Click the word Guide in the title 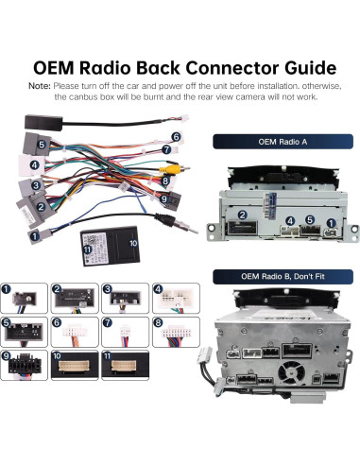[x=310, y=68]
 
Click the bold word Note [x=40, y=86]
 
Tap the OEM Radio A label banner [x=283, y=142]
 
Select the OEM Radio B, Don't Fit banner [x=283, y=277]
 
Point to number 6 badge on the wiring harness [x=176, y=137]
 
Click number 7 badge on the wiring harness [x=166, y=149]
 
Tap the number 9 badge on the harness [x=163, y=198]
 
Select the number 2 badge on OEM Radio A [x=242, y=215]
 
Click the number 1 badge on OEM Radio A [x=331, y=223]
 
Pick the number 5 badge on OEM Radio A [x=310, y=220]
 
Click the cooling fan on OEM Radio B [x=291, y=372]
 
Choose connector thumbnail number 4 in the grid [x=176, y=298]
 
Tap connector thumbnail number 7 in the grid [x=125, y=332]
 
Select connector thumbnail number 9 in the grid [x=24, y=366]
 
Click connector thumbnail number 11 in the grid [x=125, y=366]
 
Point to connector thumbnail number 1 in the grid [x=24, y=298]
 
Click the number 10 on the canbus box [x=133, y=243]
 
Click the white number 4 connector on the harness [x=32, y=165]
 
